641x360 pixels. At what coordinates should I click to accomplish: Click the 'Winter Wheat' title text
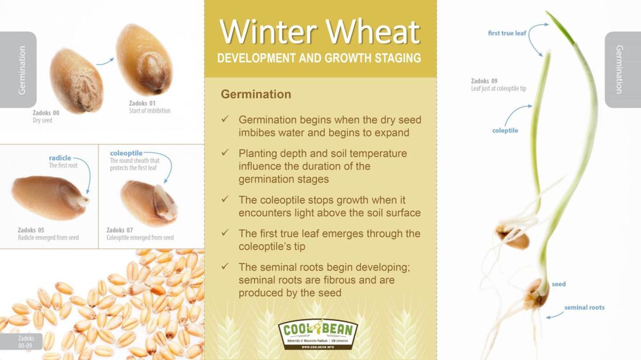pos(319,32)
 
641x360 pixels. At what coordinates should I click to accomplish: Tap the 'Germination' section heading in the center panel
pos(256,95)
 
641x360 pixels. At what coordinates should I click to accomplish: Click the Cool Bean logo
pos(318,334)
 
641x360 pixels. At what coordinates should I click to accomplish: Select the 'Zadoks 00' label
pos(46,113)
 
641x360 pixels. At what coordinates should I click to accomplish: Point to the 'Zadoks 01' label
pos(142,103)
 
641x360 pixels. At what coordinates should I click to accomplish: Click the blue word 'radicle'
pos(60,158)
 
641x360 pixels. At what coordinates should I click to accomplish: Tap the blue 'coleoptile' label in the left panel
pos(126,153)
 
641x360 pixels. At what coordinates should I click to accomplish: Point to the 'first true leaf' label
pos(507,33)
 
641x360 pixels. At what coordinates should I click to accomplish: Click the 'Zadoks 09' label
pos(484,81)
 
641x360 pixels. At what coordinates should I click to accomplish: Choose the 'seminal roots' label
pos(584,308)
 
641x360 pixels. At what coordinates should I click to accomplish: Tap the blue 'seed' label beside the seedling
pos(559,284)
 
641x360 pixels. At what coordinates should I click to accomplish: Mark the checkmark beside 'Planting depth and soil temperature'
pos(225,153)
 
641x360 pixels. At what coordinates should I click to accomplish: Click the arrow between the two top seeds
pos(105,62)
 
